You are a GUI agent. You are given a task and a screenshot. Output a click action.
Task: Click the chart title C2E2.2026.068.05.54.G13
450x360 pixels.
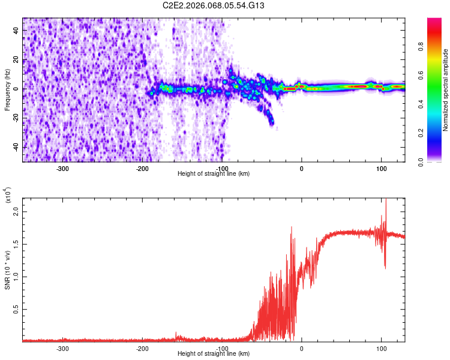tap(214, 6)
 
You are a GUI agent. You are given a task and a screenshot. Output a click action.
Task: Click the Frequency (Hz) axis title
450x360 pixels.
tap(7, 89)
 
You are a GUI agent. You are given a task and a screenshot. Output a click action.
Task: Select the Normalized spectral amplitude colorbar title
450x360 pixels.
tap(446, 90)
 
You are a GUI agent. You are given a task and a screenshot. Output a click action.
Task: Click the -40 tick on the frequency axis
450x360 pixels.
tap(16, 148)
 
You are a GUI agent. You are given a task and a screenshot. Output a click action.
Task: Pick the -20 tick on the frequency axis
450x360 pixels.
tap(16, 118)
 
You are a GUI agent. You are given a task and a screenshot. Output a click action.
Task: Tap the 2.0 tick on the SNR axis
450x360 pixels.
tap(16, 212)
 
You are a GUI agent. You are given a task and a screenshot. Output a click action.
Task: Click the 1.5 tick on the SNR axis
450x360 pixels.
tap(16, 244)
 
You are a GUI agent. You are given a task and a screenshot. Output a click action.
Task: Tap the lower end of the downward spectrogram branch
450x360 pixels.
tap(272, 123)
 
